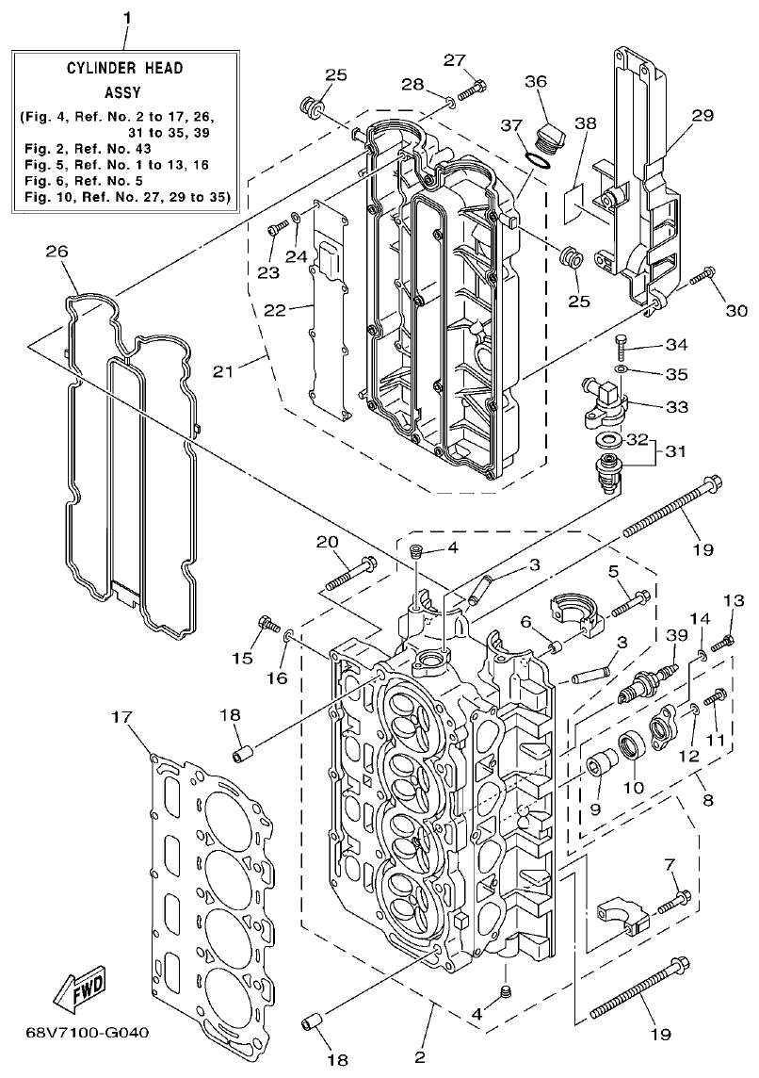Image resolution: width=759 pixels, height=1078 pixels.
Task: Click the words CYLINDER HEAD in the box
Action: (x=124, y=68)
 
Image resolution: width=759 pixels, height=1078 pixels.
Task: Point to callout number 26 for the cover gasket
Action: (x=57, y=251)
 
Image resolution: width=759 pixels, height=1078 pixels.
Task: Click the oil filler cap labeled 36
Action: (x=547, y=139)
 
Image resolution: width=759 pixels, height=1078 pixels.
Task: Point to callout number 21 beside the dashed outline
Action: (x=222, y=372)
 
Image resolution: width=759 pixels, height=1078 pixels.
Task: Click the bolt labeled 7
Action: (x=674, y=901)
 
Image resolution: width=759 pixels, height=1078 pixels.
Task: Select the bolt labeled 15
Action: (x=268, y=624)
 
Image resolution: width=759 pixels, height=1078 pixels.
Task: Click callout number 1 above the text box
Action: (x=127, y=18)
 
